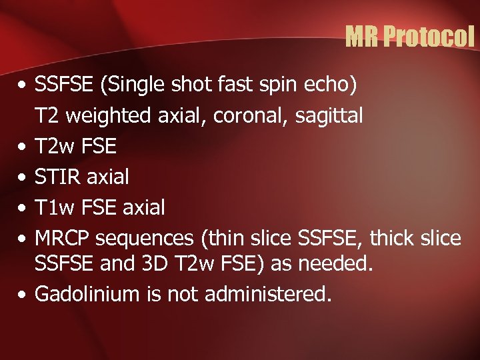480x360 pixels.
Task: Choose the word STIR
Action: [57, 177]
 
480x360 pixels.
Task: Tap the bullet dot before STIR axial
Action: [23, 178]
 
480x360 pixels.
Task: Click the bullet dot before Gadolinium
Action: [23, 294]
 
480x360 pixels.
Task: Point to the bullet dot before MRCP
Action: [23, 238]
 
